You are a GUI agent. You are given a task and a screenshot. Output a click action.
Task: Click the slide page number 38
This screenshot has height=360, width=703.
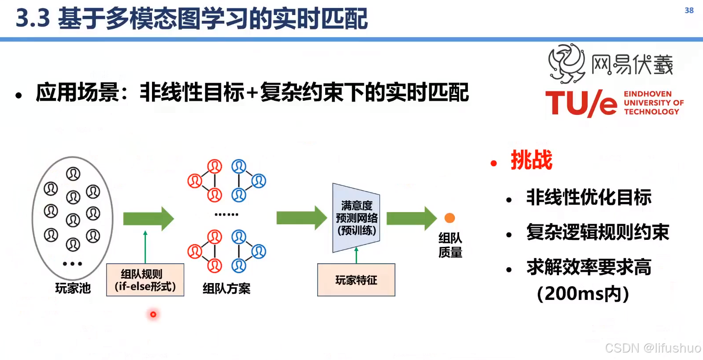coord(689,10)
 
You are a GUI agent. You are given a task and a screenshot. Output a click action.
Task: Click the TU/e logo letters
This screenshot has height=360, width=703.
coord(581,104)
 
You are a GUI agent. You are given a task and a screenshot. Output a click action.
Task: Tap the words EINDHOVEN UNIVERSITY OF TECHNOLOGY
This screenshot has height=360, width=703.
coord(653,103)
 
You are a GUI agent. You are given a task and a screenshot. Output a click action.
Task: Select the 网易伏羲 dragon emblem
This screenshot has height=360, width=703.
coord(566,64)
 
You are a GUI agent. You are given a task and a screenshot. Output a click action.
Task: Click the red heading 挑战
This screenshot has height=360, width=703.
coord(531,160)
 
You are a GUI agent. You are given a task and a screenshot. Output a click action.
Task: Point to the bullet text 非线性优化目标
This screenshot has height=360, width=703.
coord(589,197)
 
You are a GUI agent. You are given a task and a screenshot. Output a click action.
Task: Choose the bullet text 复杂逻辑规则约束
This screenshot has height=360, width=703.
coord(597,232)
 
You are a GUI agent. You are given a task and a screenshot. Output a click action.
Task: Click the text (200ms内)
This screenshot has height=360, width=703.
coord(583,294)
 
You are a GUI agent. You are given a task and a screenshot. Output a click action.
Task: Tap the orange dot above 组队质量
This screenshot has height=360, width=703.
coord(449,218)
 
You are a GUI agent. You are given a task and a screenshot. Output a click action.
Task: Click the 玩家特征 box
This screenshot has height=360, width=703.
coord(356,280)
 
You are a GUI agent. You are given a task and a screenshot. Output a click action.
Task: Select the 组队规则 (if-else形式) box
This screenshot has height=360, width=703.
coord(145,280)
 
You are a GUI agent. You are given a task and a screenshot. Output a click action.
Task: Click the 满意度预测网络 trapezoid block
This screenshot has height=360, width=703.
coord(356,218)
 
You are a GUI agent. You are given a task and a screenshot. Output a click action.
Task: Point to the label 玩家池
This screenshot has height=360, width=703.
coord(73,288)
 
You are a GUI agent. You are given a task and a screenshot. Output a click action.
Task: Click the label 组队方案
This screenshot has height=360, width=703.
coord(226,288)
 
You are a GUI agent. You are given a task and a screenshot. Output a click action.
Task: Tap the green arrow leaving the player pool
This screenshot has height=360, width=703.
coord(148,218)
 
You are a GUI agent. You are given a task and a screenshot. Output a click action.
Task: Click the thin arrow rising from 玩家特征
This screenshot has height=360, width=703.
coord(356,255)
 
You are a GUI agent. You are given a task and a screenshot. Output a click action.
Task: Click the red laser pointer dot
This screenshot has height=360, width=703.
coord(153,315)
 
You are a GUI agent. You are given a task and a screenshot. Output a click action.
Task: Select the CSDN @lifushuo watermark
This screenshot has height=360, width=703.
coord(653,348)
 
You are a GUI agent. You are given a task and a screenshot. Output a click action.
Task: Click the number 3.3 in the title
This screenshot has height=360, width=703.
coord(33,19)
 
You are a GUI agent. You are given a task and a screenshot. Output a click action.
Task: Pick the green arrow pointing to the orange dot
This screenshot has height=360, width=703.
coord(411,218)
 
